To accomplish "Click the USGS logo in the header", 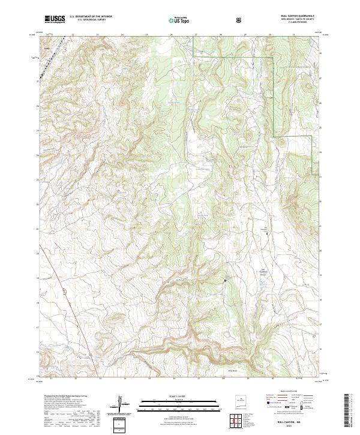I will click(x=54, y=19).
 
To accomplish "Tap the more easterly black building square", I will click(x=267, y=231).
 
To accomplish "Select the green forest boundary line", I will click(x=274, y=96).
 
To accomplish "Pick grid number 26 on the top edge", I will click(x=172, y=34).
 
